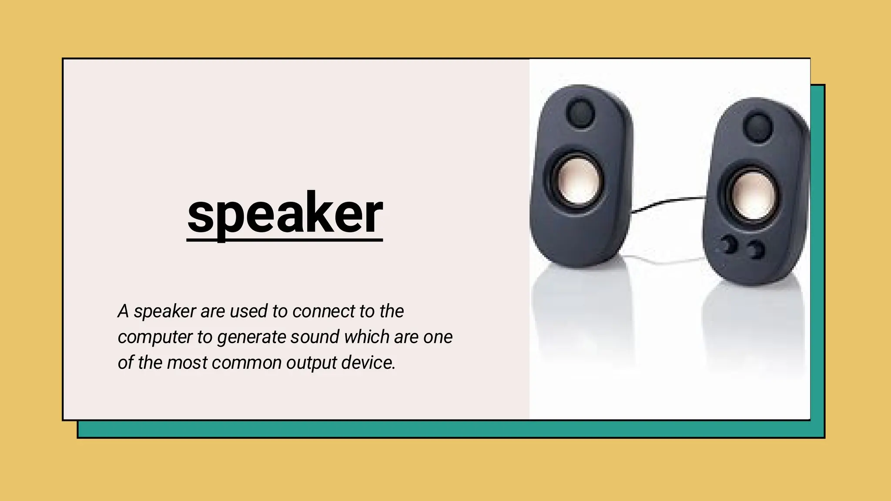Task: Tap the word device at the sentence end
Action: pyautogui.click(x=368, y=363)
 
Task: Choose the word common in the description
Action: pyautogui.click(x=246, y=363)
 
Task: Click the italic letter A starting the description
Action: pyautogui.click(x=123, y=311)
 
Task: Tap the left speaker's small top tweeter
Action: pyautogui.click(x=580, y=112)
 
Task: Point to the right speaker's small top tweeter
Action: pyautogui.click(x=758, y=126)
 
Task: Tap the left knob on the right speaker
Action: pyautogui.click(x=728, y=245)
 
